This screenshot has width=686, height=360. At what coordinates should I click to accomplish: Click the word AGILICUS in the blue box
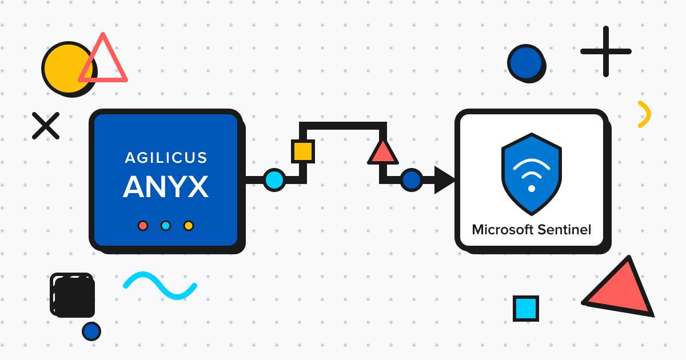[166, 158]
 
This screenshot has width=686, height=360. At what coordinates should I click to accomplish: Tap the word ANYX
[166, 186]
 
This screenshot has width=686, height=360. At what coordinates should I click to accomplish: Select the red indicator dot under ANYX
[143, 226]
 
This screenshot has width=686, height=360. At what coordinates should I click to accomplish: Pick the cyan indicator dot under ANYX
[166, 226]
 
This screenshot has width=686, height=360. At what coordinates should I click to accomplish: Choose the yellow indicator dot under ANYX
[189, 226]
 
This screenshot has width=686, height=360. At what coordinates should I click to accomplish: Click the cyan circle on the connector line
[274, 180]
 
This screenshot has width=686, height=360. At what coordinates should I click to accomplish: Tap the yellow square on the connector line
[302, 151]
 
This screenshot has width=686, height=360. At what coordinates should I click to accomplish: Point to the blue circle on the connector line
[411, 180]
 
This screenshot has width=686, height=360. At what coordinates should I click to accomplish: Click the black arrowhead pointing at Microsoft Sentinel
[444, 180]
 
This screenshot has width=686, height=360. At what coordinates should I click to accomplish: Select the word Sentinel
[563, 230]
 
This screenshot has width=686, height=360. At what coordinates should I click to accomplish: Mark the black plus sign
[606, 51]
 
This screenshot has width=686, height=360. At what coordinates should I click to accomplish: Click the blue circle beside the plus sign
[525, 62]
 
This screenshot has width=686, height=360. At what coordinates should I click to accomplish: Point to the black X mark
[46, 126]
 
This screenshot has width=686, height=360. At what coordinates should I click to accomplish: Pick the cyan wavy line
[160, 285]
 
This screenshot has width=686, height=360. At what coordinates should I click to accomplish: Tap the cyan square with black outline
[525, 309]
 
